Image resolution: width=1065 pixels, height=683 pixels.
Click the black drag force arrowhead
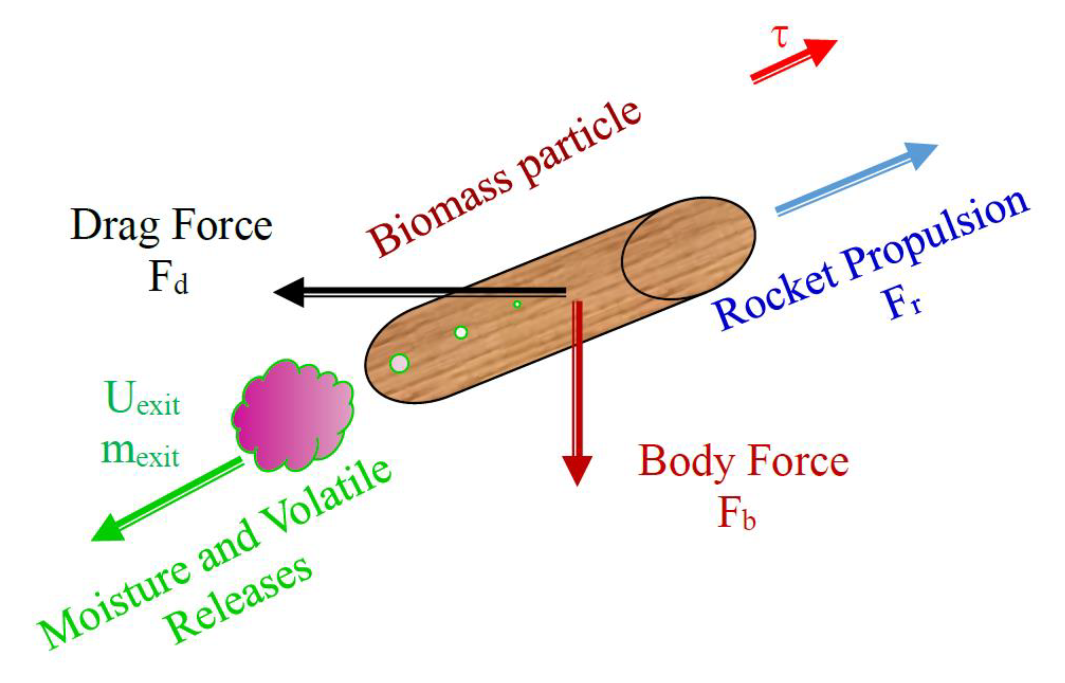pyautogui.click(x=290, y=292)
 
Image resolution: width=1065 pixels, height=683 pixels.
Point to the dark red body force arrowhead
pyautogui.click(x=577, y=470)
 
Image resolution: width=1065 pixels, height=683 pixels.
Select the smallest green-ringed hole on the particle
pyautogui.click(x=517, y=304)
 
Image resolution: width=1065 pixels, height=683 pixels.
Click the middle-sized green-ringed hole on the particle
pyautogui.click(x=461, y=332)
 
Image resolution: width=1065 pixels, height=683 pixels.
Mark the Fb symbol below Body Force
pyautogui.click(x=736, y=515)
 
